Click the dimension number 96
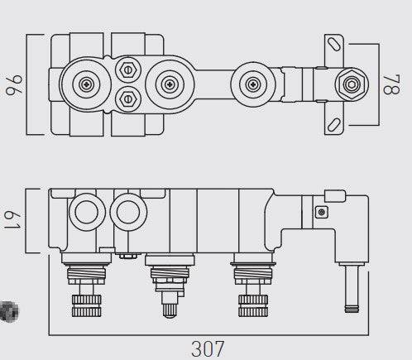click(12, 85)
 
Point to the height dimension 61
click(12, 222)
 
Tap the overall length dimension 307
click(208, 349)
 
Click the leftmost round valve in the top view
click(87, 84)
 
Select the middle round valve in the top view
click(169, 84)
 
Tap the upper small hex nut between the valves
click(127, 68)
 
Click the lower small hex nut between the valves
click(127, 99)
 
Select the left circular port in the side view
click(84, 213)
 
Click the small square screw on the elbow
click(321, 213)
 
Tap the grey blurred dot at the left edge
click(7, 311)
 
